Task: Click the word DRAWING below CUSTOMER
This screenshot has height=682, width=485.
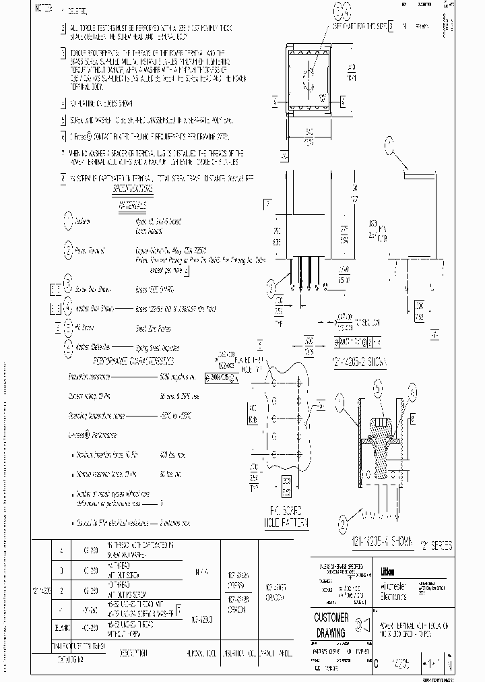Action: tap(330, 633)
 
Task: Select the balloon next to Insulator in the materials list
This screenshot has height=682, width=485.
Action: tap(69, 220)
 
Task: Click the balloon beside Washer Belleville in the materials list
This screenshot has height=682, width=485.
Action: tap(69, 348)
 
